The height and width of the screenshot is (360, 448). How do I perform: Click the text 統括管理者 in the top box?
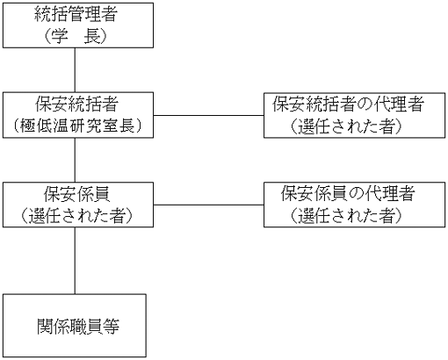coord(76,14)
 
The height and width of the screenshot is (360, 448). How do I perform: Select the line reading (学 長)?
coord(76,37)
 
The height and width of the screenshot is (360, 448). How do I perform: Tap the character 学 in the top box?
coord(60,37)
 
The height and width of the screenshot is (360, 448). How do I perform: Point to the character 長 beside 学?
coord(92,37)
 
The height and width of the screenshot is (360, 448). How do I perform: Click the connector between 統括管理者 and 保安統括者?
coord(75,70)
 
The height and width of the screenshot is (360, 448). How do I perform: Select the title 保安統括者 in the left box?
coord(76,104)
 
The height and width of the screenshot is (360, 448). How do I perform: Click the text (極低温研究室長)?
coord(77,126)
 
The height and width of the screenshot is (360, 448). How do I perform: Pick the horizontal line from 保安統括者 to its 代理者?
coord(208,115)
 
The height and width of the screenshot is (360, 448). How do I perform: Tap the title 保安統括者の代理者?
coord(349,104)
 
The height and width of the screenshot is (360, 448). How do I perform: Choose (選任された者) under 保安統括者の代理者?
coord(346,126)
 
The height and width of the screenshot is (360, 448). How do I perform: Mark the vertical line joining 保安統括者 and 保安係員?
coord(75,160)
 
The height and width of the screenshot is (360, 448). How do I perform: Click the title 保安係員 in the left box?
coord(76,194)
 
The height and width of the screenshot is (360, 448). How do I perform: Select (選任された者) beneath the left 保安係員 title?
coord(76,216)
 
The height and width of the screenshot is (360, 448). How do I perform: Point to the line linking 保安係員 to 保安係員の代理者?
coord(208,205)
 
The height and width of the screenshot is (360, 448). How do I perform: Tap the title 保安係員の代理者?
coord(348,194)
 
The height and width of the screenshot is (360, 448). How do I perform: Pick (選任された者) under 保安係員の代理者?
coord(346,216)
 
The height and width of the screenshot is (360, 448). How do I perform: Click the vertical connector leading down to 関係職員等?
coord(75,261)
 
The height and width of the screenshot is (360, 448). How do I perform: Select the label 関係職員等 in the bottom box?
coord(78,326)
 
